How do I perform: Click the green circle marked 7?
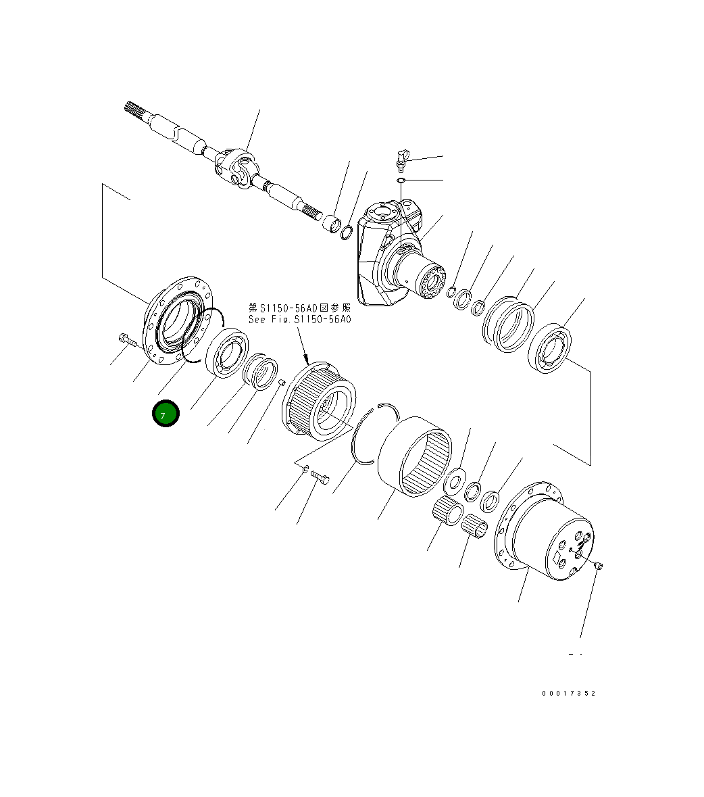[x=166, y=414]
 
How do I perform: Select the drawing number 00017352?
[x=568, y=694]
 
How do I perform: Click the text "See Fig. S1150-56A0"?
[x=299, y=319]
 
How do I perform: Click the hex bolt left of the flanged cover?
[x=127, y=340]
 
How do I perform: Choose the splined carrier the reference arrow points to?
[x=319, y=402]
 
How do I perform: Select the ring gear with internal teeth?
[x=414, y=457]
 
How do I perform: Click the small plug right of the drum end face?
[x=600, y=566]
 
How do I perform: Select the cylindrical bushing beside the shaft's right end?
[x=331, y=223]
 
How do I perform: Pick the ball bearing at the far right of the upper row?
[x=551, y=349]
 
